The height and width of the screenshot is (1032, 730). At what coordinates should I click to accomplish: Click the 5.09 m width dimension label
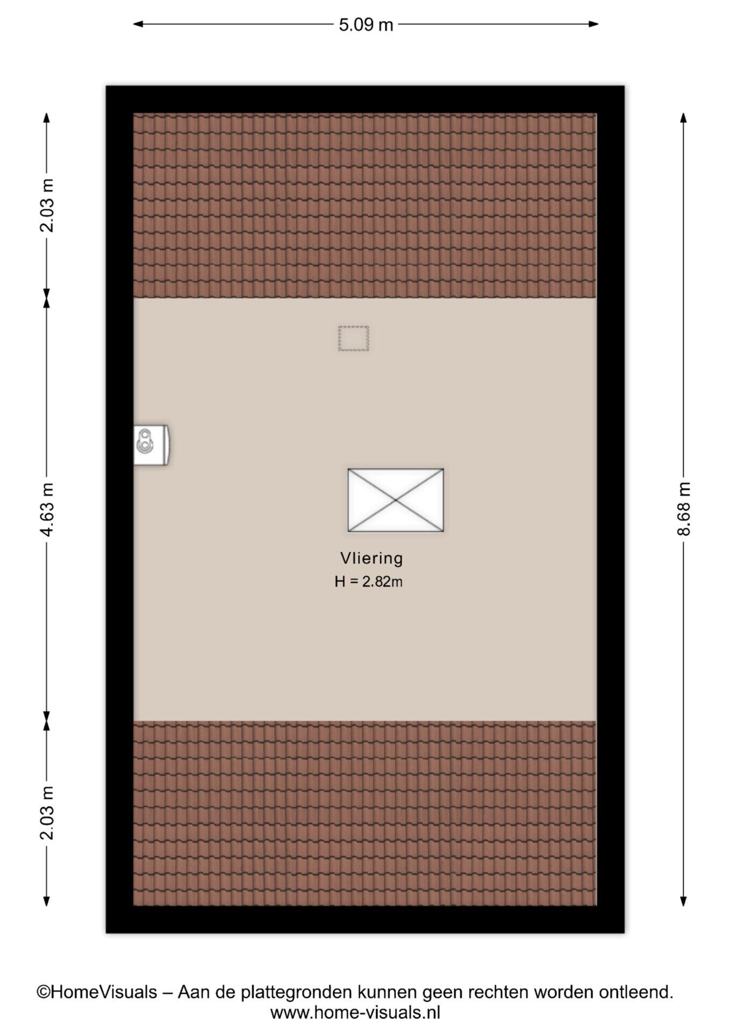[x=366, y=25]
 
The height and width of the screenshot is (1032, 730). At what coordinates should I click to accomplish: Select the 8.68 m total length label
[x=684, y=509]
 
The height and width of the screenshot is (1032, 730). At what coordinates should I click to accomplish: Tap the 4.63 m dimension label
[x=47, y=509]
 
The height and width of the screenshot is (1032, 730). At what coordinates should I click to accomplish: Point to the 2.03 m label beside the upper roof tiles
[x=47, y=205]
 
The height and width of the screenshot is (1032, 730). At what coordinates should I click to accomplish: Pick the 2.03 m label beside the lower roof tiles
[x=47, y=813]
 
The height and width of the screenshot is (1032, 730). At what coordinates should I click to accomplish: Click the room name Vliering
[x=371, y=558]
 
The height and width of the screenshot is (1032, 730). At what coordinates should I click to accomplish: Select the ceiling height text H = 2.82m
[x=368, y=582]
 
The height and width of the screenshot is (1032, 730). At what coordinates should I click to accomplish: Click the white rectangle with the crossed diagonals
[x=396, y=500]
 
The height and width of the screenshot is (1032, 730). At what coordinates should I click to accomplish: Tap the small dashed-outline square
[x=354, y=338]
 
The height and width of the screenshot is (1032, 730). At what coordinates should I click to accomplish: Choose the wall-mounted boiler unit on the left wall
[x=152, y=445]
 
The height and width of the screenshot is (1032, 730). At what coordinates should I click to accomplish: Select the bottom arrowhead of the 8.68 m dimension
[x=683, y=901]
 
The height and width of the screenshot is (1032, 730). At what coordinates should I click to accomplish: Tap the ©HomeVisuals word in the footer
[x=97, y=992]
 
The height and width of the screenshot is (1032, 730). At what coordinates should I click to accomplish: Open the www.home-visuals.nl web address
[x=355, y=1013]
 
